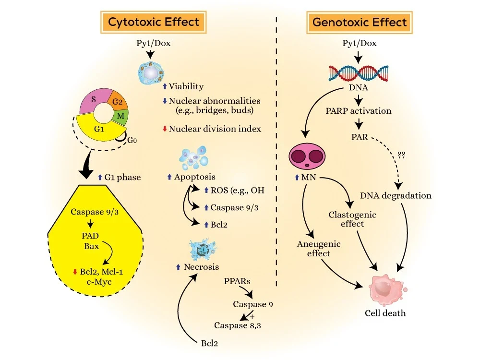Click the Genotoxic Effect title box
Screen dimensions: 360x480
[360, 22]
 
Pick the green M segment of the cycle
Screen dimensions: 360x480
[121, 116]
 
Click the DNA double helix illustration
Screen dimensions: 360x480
[359, 72]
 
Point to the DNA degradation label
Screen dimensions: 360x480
[396, 195]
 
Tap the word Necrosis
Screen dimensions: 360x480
[202, 267]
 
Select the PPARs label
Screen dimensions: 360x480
[236, 280]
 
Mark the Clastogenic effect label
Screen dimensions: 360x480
[352, 219]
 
